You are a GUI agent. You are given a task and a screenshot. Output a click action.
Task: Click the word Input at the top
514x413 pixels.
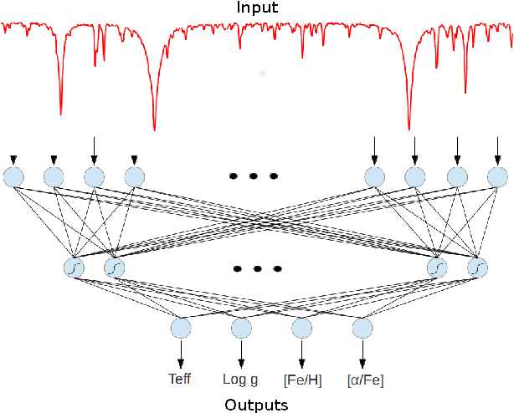(256, 8)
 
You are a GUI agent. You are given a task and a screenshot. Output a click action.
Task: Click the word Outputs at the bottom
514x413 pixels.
(256, 405)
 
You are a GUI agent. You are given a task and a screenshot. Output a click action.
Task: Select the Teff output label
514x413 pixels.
(180, 379)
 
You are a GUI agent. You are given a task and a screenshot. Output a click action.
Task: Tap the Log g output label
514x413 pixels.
(241, 379)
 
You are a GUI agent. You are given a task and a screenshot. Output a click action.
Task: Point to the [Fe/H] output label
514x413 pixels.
(301, 380)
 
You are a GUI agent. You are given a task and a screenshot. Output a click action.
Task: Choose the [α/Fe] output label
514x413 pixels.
(365, 380)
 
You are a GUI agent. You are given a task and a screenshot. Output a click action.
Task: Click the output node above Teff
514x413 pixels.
(180, 327)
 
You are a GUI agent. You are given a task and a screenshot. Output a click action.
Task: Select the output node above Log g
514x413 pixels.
(241, 327)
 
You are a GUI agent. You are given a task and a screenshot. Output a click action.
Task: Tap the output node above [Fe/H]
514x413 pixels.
(301, 327)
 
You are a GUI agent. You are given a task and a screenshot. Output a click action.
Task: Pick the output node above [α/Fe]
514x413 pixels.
(362, 327)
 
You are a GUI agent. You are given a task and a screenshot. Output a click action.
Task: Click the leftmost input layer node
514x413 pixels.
(13, 176)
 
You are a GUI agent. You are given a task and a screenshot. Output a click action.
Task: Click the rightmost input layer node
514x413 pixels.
(497, 176)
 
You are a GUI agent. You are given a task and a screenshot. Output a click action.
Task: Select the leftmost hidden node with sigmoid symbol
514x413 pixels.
(74, 268)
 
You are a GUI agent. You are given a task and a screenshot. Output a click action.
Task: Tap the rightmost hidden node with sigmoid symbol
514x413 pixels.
(477, 268)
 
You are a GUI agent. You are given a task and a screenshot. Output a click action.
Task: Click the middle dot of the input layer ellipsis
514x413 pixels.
(253, 176)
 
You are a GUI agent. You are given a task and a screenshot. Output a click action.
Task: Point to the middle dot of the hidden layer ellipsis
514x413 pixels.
(257, 269)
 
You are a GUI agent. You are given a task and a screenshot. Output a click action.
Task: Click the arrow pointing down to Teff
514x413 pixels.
(180, 351)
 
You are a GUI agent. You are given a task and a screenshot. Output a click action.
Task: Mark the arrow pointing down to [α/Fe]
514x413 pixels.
(362, 351)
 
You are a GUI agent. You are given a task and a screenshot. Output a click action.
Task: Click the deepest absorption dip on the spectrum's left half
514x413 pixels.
(154, 127)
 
